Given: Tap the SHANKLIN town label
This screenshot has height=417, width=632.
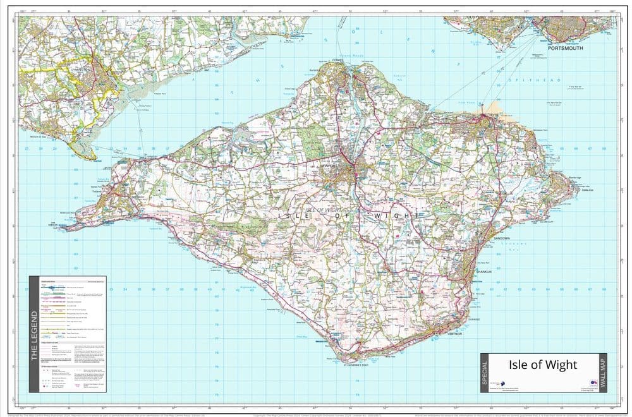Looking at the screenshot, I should click(483, 272).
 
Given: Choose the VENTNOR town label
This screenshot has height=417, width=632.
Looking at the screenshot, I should click(456, 333).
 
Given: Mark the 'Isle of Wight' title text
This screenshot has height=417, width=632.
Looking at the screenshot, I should click(542, 365).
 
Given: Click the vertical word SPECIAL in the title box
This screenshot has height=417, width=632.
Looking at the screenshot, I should click(485, 373).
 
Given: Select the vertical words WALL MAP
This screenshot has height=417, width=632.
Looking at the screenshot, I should click(602, 373).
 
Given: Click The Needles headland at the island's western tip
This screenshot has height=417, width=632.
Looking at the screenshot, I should click(67, 226).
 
